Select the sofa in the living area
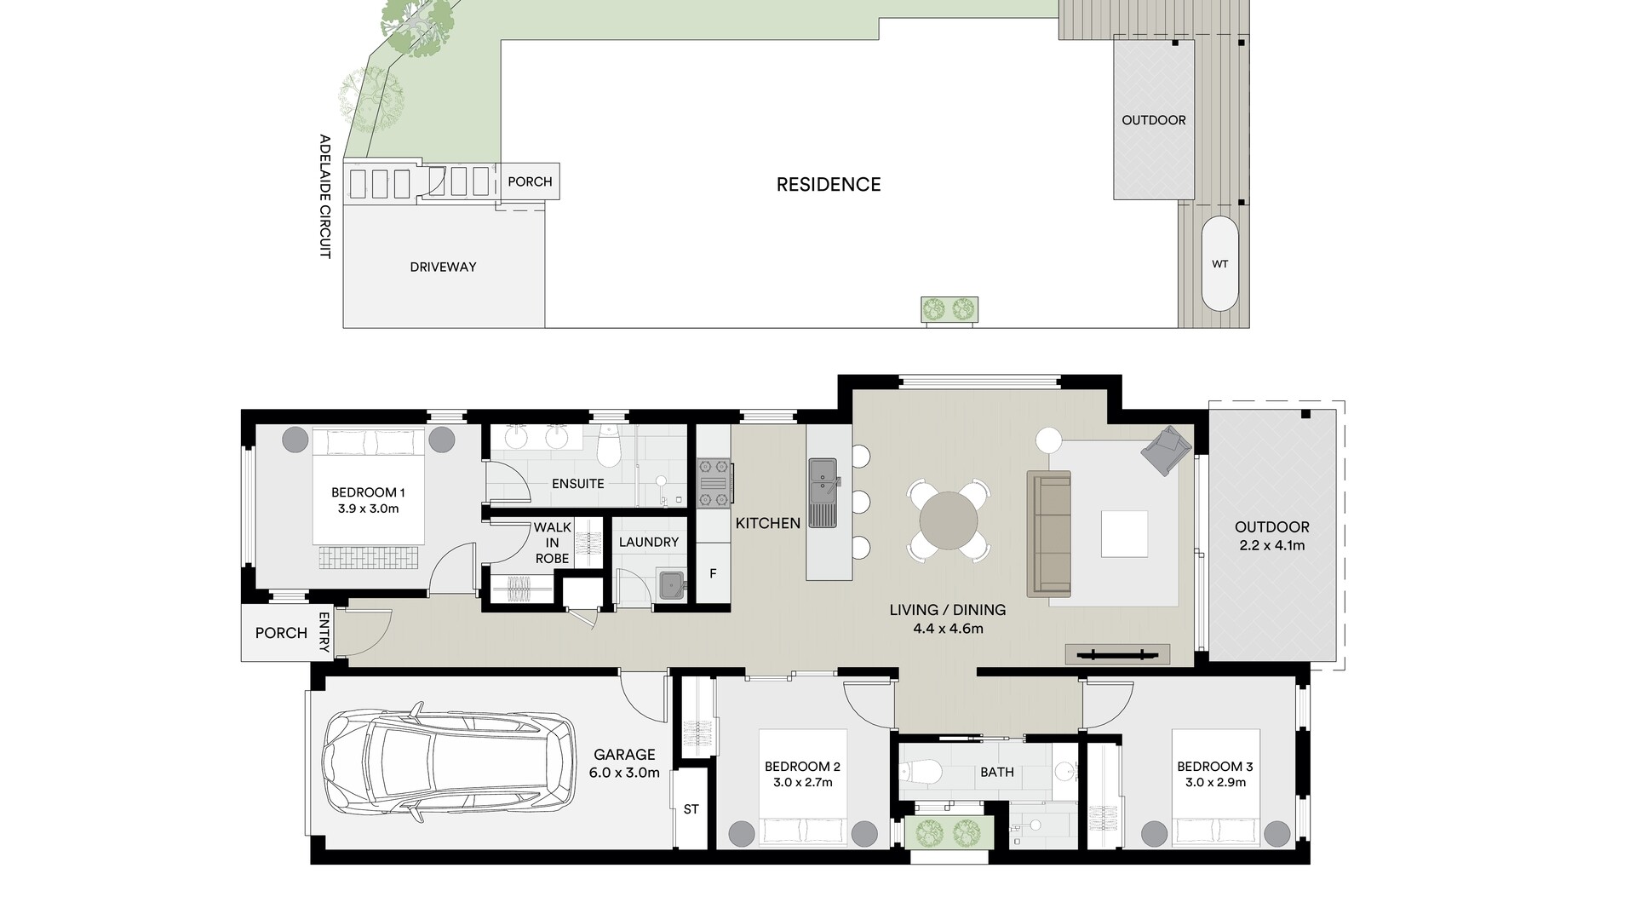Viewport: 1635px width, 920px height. coord(1049,533)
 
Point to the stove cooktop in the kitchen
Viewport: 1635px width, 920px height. coord(714,482)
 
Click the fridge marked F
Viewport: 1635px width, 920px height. coord(714,574)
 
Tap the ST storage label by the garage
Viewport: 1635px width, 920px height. coord(691,808)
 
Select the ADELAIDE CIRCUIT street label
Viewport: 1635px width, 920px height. coord(324,196)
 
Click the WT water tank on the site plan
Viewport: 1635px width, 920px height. coord(1219,264)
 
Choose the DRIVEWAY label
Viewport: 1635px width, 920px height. coord(443,267)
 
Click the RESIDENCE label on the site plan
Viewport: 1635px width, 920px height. coord(829,185)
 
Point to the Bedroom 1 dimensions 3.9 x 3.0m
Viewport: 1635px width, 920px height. coord(368,509)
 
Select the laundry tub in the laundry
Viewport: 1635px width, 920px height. coord(672,585)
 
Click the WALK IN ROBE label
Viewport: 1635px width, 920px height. coord(552,543)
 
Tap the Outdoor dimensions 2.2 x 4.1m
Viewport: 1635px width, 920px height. coord(1272,545)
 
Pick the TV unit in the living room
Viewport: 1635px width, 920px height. coord(1117,654)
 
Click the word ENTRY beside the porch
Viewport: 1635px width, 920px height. coord(324,633)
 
